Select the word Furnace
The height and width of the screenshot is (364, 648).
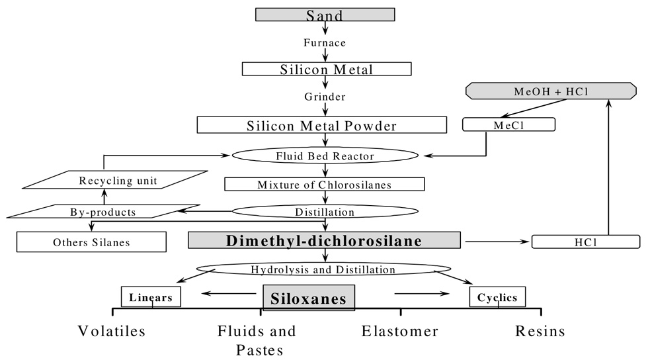[324, 42]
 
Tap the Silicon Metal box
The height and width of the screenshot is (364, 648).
[327, 69]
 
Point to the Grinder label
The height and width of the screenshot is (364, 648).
[324, 97]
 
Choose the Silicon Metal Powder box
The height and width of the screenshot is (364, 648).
[322, 124]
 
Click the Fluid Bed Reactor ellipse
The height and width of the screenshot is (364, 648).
[325, 156]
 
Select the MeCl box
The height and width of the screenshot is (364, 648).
[508, 124]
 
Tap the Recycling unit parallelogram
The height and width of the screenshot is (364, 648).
[108, 180]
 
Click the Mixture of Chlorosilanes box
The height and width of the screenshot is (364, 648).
[324, 184]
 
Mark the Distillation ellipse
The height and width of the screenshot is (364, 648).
[325, 212]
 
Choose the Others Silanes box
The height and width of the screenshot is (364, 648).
[91, 242]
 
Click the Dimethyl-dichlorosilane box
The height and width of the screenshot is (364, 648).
[324, 241]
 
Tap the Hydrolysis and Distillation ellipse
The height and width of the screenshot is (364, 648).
[323, 269]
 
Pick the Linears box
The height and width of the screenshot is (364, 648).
[151, 297]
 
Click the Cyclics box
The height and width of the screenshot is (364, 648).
[498, 297]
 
